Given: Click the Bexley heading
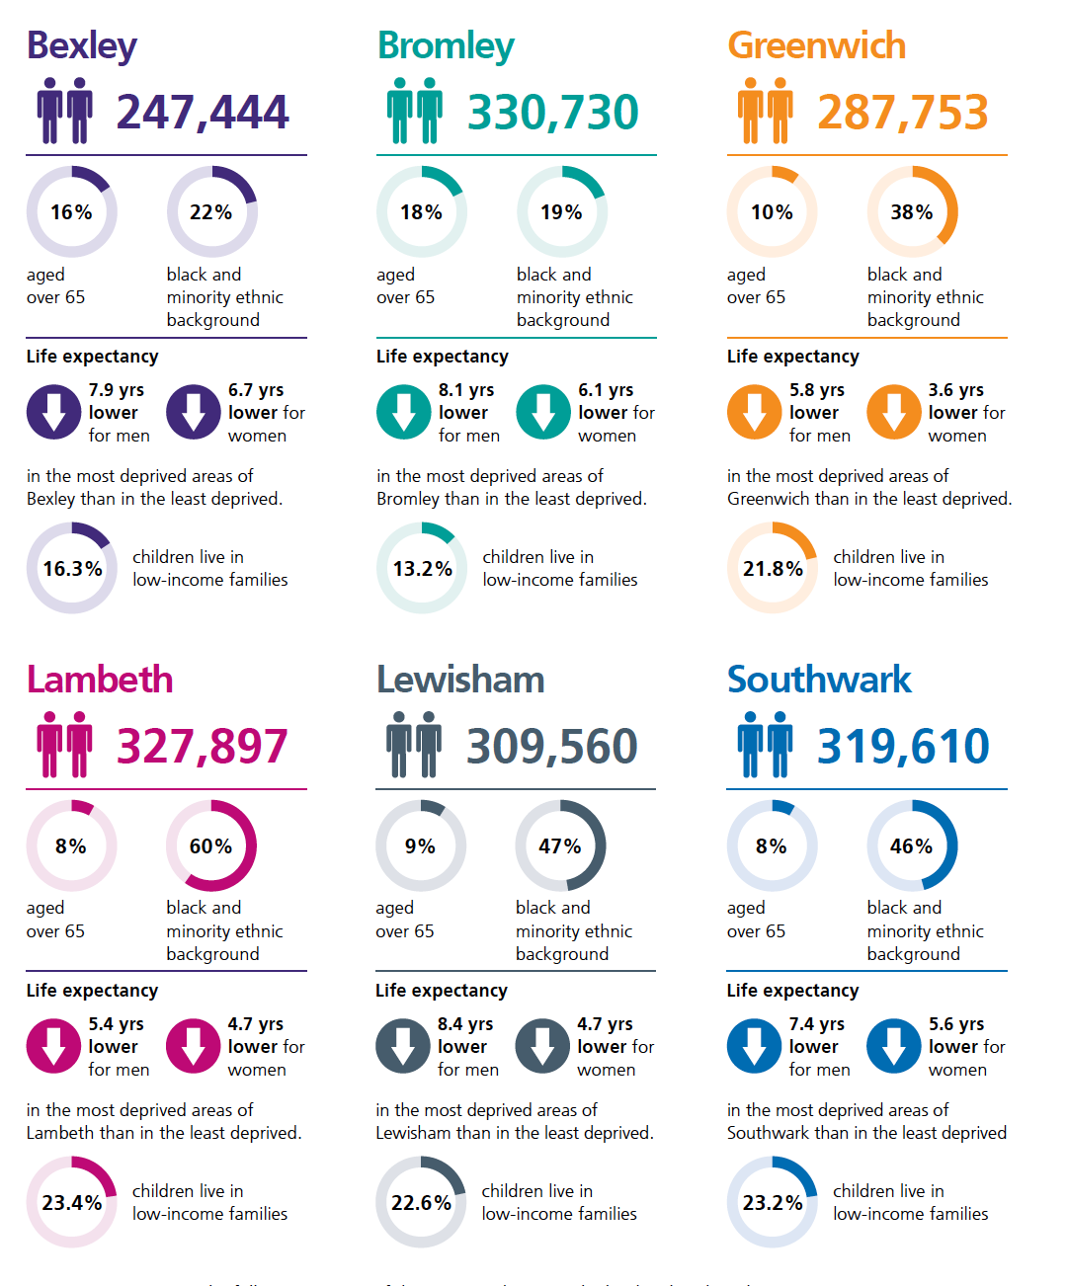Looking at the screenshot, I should tap(82, 46).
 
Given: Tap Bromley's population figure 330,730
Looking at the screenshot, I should tap(552, 113).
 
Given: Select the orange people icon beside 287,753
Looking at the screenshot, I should tap(766, 111).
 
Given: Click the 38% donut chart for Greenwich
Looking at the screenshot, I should tap(912, 211).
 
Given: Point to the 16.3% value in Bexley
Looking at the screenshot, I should tap(72, 569).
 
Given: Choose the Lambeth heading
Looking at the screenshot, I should tap(100, 681).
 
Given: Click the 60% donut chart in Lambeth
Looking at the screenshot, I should tap(211, 845).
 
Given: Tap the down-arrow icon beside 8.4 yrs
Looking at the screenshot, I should tap(403, 1046).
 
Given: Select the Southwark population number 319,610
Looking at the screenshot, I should tap(902, 747).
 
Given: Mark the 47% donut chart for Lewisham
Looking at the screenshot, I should tap(560, 845).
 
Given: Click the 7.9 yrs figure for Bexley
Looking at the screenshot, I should tap(117, 390).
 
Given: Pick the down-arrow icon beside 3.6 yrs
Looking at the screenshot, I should tap(894, 412).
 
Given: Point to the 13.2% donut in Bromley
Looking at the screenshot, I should tap(422, 569).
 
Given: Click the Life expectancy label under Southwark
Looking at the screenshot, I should tap(792, 991).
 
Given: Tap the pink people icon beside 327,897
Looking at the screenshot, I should tap(64, 745).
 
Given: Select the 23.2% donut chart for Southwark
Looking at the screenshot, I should tap(773, 1203).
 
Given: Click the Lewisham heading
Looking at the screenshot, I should tap(460, 681).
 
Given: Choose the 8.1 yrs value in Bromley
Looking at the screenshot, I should tap(466, 390).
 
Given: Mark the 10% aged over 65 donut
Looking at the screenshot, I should tap(772, 211).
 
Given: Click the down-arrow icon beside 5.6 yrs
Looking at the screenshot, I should tap(894, 1046).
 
